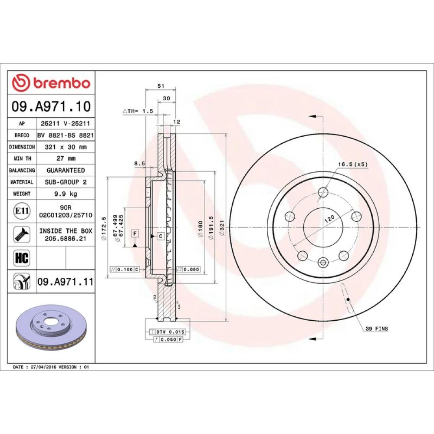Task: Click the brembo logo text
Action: click(x=62, y=83)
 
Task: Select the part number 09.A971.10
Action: click(x=51, y=106)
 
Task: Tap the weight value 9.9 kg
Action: click(x=66, y=194)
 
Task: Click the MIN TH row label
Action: click(x=22, y=158)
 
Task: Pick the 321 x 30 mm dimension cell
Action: click(x=66, y=147)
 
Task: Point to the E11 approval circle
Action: click(x=22, y=211)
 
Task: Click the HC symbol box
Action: click(x=22, y=258)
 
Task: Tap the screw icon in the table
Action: click(x=22, y=234)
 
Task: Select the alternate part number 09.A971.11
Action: click(x=66, y=282)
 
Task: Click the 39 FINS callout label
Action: click(x=377, y=329)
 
